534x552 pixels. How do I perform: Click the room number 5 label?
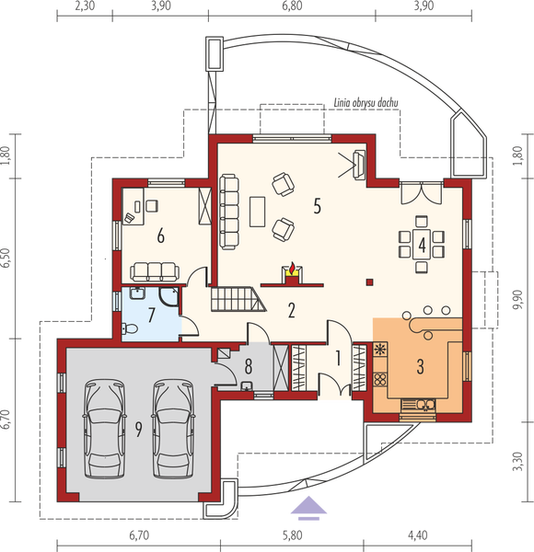point(317,205)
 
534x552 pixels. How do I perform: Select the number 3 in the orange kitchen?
point(420,367)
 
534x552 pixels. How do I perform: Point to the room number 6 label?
point(160,236)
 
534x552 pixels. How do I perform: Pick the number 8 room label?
point(247,367)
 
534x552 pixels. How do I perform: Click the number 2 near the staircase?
point(291,310)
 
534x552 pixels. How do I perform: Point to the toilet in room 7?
point(127,328)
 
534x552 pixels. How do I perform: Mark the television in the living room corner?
point(357,165)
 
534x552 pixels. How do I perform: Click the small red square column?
point(368,282)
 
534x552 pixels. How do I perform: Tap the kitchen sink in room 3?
point(424,403)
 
